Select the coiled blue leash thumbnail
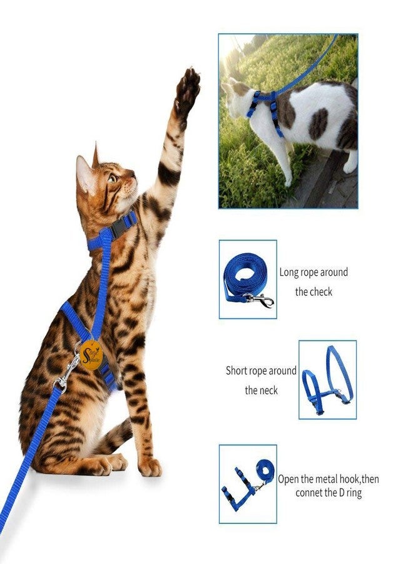pos(247,279)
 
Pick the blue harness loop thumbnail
pos(327,379)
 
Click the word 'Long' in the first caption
pos(289,273)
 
